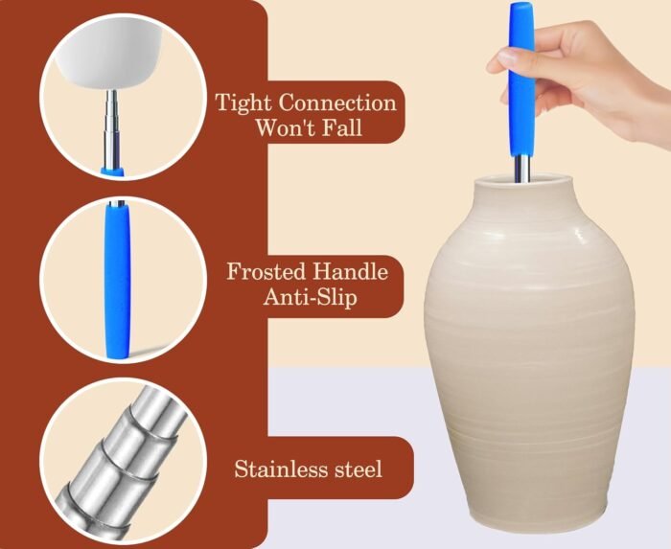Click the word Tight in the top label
coord(243,103)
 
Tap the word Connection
coord(337,103)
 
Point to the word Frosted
coord(266,271)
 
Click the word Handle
coord(351,271)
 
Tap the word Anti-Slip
coord(311,297)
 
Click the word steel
coord(358,469)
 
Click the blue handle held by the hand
coord(521,81)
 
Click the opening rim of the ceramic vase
coord(522,178)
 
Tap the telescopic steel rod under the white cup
coord(112,128)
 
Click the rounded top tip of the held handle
coord(521,6)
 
